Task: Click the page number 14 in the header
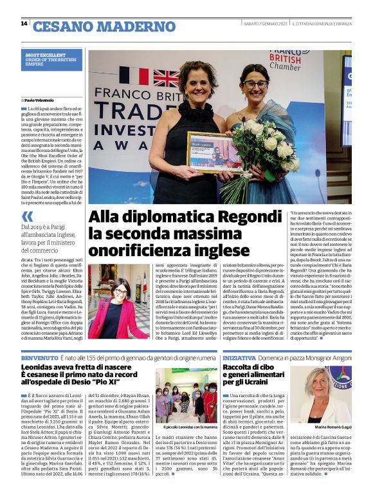click(x=24, y=24)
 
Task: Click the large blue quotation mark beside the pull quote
click(x=27, y=217)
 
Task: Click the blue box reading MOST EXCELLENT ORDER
click(x=53, y=60)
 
